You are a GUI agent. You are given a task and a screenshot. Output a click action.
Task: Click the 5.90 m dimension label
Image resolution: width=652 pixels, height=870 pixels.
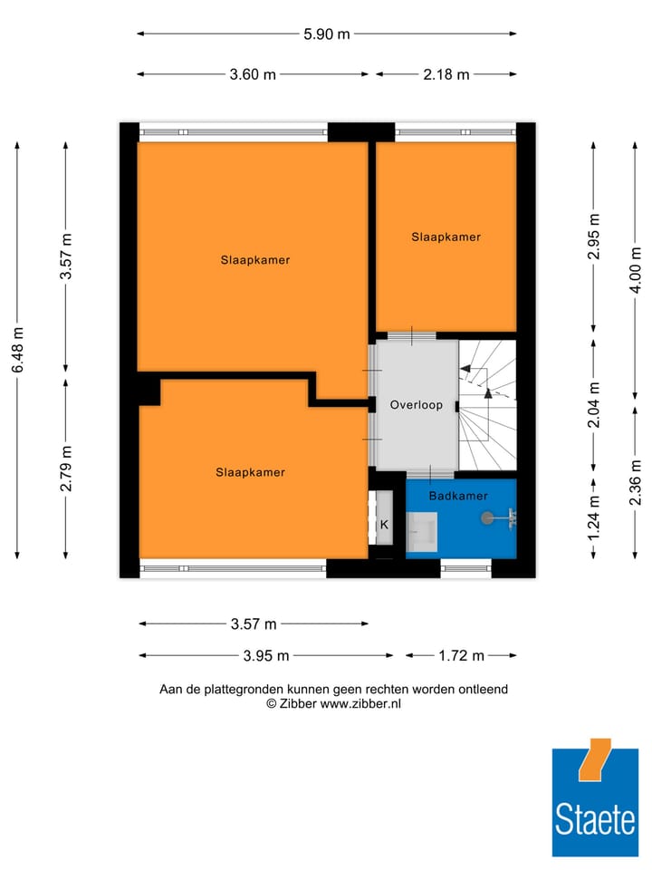pyautogui.click(x=326, y=34)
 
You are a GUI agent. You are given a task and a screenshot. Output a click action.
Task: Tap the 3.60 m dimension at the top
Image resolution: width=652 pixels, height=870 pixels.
pyautogui.click(x=253, y=74)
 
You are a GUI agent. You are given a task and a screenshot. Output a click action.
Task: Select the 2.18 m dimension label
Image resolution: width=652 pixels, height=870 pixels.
pyautogui.click(x=446, y=74)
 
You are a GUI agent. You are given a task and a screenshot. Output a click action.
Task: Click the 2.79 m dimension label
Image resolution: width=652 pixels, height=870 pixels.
pyautogui.click(x=66, y=469)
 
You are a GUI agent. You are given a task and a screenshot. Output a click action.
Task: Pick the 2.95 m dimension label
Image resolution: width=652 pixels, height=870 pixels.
pyautogui.click(x=594, y=237)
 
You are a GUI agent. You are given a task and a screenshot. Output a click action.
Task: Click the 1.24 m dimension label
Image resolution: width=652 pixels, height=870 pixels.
pyautogui.click(x=594, y=519)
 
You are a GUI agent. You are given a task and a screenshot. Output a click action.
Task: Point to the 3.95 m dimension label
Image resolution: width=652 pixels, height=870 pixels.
pyautogui.click(x=265, y=655)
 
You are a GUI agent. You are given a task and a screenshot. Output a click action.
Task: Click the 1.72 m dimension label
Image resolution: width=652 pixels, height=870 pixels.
pyautogui.click(x=461, y=655)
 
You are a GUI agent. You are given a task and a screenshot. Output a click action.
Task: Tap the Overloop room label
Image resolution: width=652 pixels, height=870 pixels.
pyautogui.click(x=417, y=405)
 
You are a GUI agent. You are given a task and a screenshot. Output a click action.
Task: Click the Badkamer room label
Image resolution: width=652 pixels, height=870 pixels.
pyautogui.click(x=458, y=496)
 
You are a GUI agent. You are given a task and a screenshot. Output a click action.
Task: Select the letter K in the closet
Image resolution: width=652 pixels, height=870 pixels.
pyautogui.click(x=384, y=524)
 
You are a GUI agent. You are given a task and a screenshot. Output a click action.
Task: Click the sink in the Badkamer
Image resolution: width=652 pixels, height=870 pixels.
pyautogui.click(x=422, y=530)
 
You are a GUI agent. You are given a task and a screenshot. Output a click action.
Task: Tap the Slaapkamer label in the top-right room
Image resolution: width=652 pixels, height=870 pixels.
pyautogui.click(x=446, y=237)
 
